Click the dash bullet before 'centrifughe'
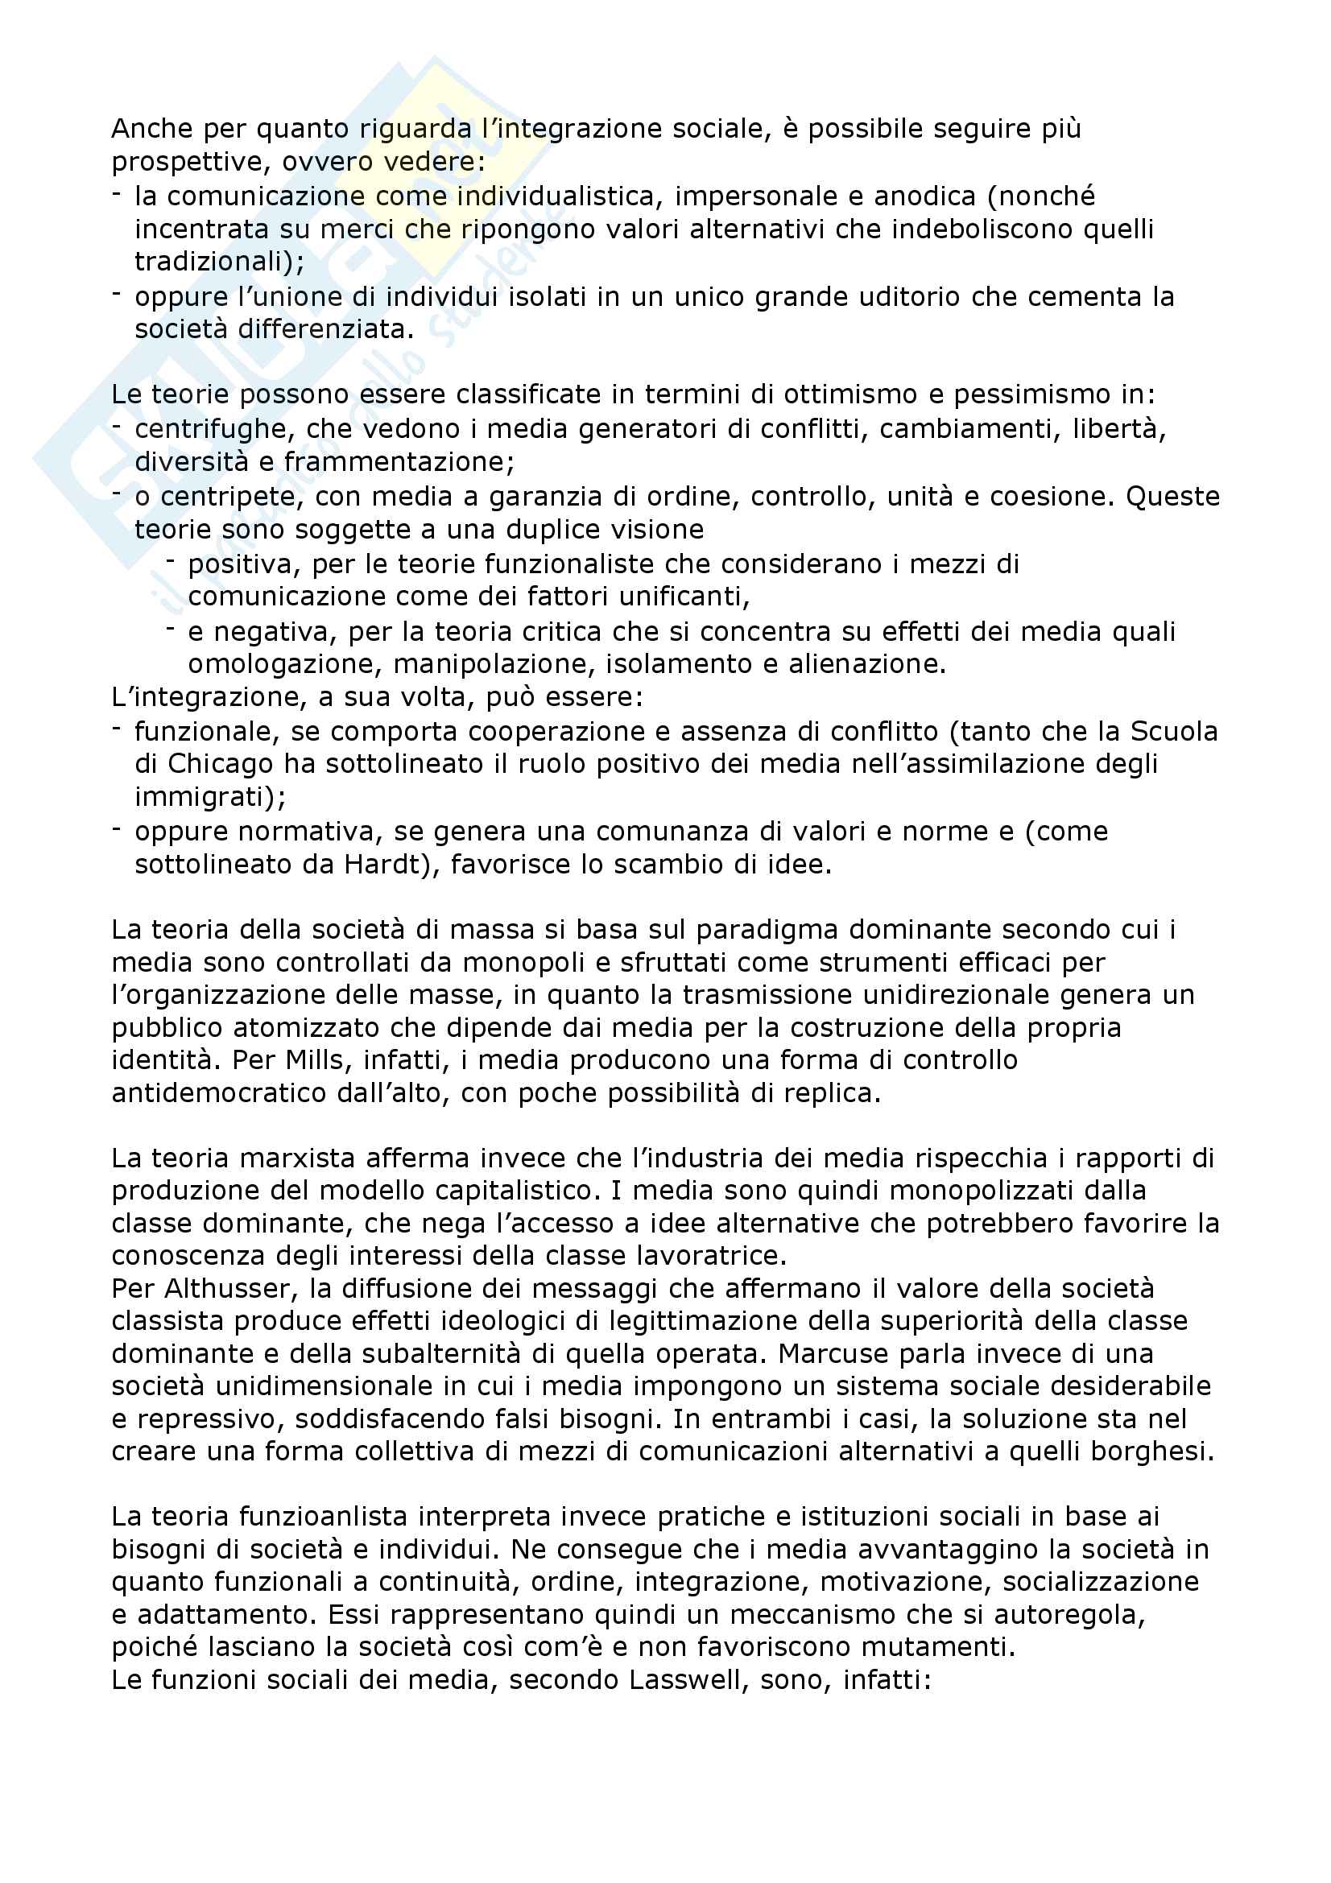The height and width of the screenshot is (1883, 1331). coord(118,426)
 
